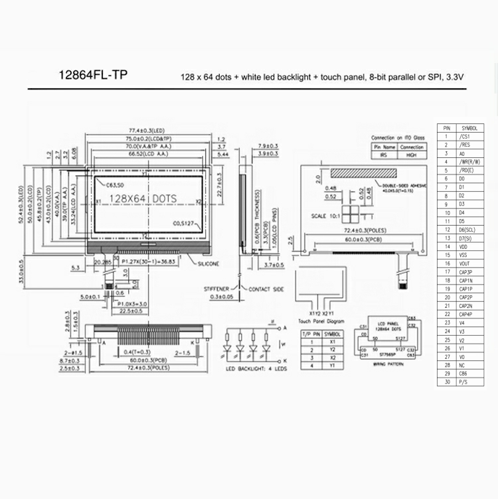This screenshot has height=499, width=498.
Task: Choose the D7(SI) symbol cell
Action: pos(463,238)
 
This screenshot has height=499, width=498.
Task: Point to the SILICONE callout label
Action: pos(211,264)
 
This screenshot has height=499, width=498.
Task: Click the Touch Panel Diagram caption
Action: pos(320,320)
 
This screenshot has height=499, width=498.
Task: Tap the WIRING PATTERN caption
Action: pos(387,364)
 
